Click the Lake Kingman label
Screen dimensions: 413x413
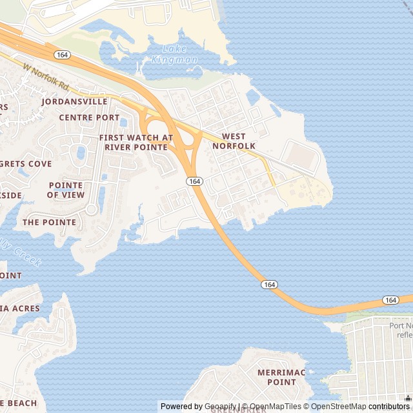[174, 55]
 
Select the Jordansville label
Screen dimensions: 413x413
[74, 101]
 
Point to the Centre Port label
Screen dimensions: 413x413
[89, 117]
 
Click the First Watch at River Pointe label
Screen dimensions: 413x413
[136, 143]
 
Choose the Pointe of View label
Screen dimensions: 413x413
[66, 190]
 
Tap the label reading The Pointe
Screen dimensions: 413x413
[49, 222]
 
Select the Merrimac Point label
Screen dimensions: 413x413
[276, 378]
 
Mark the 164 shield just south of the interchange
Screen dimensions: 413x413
[196, 181]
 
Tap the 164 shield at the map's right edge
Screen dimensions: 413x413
[390, 300]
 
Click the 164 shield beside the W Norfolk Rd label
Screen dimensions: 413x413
[62, 55]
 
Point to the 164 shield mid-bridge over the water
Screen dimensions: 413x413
[270, 285]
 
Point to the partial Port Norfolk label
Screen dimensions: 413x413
[400, 330]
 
